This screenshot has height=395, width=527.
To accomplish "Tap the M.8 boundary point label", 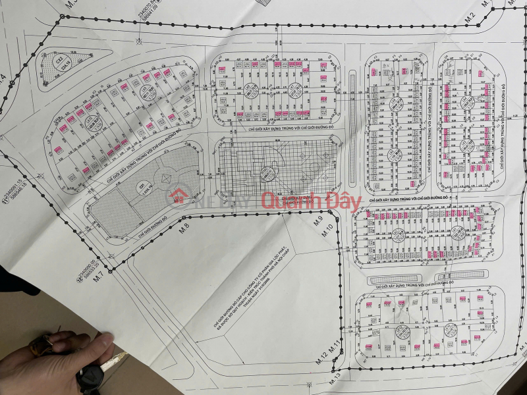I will pyautogui.click(x=184, y=228).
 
